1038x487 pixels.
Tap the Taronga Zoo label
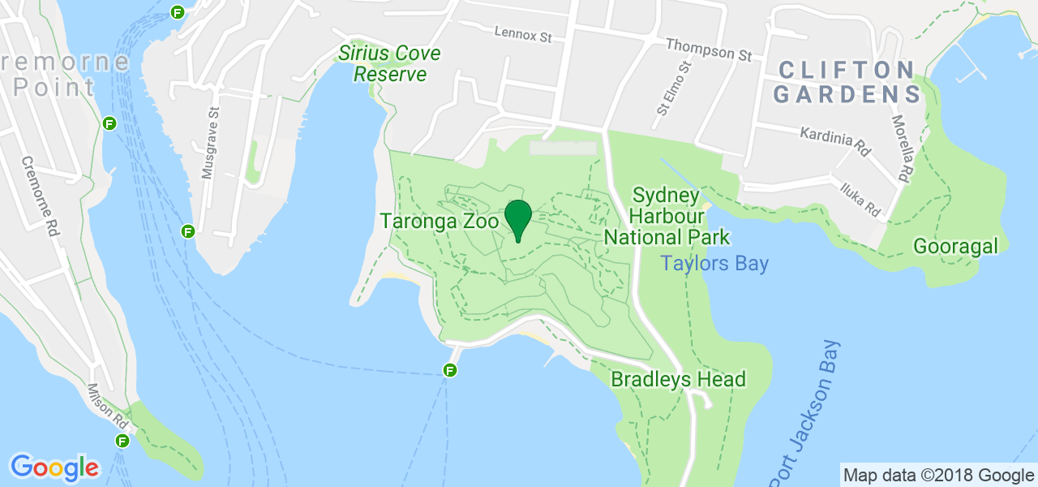point(439,221)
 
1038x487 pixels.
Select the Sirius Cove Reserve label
point(389,64)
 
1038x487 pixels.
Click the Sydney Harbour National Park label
point(667,217)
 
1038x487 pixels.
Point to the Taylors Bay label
point(714,264)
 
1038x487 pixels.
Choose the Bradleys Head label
point(678,379)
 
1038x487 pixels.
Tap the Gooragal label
point(955,246)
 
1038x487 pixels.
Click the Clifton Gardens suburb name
point(847,82)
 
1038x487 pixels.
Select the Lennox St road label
point(523,34)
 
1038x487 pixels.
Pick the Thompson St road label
point(709,50)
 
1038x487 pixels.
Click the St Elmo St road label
point(674,87)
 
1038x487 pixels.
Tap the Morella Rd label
point(900,148)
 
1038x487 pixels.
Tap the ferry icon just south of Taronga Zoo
point(450,371)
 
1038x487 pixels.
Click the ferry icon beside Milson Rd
point(122,442)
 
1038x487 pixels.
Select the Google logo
point(54,468)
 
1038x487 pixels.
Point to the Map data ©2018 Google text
point(938,475)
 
